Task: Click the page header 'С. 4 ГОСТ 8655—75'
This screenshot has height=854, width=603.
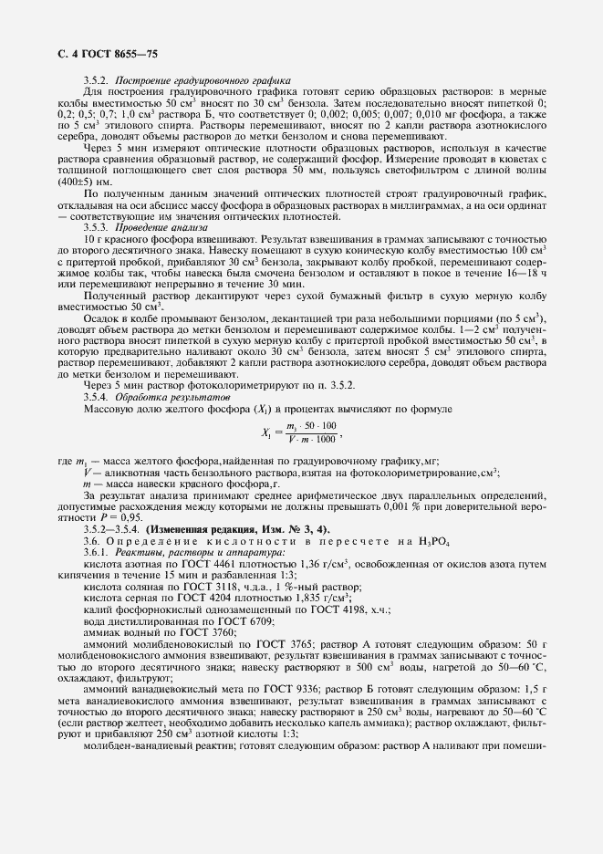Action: tap(94, 57)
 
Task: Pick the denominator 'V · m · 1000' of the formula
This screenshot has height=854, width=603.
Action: tap(311, 440)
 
